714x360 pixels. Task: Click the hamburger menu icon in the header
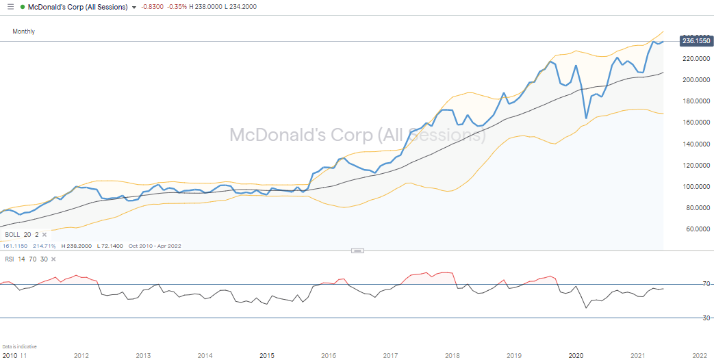coord(10,7)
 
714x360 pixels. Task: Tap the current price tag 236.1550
coord(696,41)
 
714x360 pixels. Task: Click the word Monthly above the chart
coord(23,31)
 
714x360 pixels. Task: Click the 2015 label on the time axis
coord(267,355)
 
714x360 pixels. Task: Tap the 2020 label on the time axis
coord(576,355)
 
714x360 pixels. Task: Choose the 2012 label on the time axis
coord(81,355)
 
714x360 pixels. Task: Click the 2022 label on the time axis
coord(699,355)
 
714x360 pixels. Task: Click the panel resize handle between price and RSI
coord(357,250)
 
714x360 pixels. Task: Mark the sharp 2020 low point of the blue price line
coord(586,118)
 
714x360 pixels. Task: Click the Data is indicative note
coord(19,347)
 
